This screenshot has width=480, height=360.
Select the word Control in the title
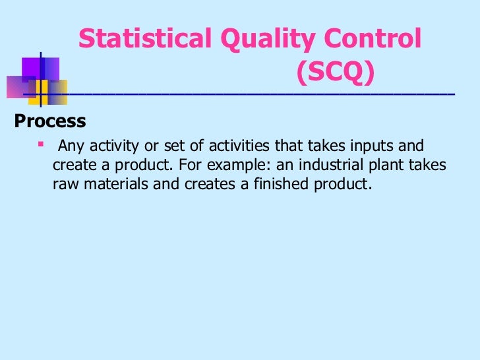coord(370,40)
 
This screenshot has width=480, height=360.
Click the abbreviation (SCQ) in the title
coord(335,73)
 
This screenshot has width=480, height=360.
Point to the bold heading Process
coord(50,122)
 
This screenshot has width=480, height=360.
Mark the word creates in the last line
coord(210,184)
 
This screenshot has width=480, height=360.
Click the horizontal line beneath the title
coord(251,96)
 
